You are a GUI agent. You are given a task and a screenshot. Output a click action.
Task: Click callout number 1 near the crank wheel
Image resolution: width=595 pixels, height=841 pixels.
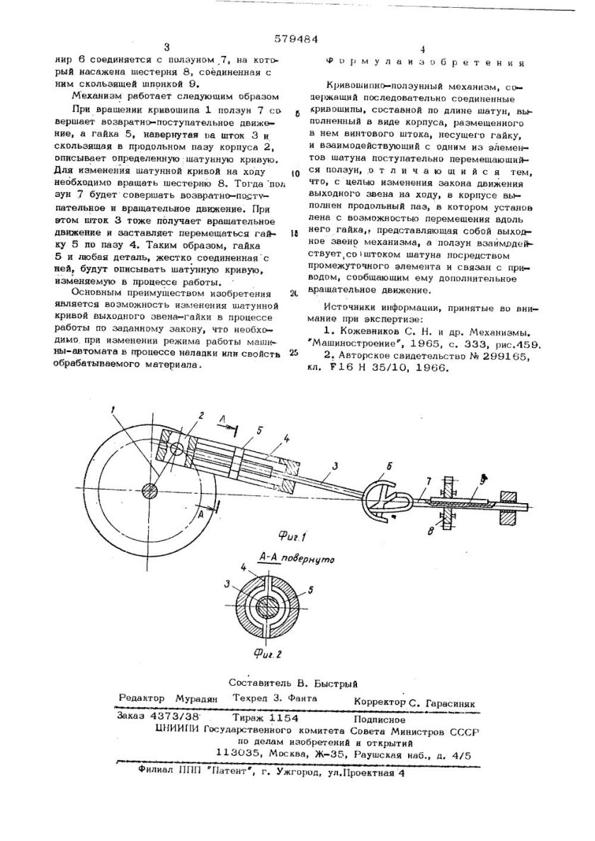[x=113, y=410]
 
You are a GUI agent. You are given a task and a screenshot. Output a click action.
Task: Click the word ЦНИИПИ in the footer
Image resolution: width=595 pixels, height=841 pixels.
[x=176, y=730]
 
